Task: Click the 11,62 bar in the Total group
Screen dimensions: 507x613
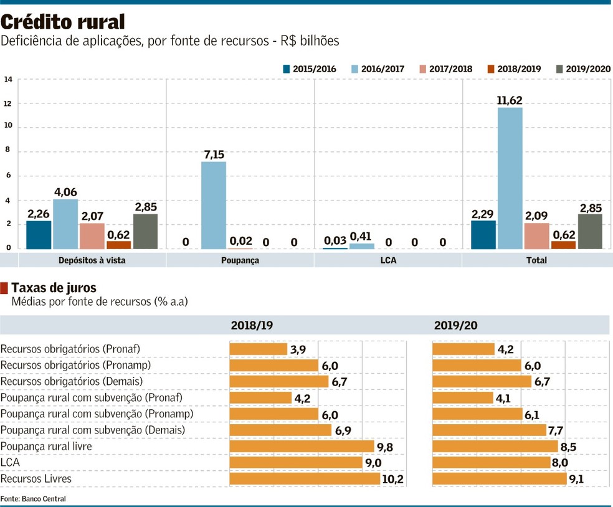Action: pyautogui.click(x=510, y=178)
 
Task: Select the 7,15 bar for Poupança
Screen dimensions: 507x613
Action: pyautogui.click(x=214, y=206)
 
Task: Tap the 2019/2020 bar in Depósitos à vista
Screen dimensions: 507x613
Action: pyautogui.click(x=145, y=232)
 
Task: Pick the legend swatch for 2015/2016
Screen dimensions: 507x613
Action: pyautogui.click(x=287, y=69)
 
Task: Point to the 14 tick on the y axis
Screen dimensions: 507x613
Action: pyautogui.click(x=8, y=80)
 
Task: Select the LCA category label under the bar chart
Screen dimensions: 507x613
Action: pyautogui.click(x=388, y=260)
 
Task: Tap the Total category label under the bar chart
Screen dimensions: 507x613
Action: pyautogui.click(x=536, y=260)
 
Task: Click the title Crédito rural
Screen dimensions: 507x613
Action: pyautogui.click(x=63, y=22)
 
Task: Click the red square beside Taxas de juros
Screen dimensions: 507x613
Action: pyautogui.click(x=4, y=288)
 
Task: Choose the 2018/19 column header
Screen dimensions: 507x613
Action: pyautogui.click(x=252, y=325)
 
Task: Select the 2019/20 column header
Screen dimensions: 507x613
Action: pyautogui.click(x=455, y=325)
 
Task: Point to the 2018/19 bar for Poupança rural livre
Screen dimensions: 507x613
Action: pyautogui.click(x=302, y=447)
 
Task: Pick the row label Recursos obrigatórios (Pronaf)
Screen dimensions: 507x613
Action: pyautogui.click(x=70, y=349)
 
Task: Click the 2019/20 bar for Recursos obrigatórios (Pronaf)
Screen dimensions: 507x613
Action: pyautogui.click(x=463, y=349)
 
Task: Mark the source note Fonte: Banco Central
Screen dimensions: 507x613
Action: pyautogui.click(x=33, y=499)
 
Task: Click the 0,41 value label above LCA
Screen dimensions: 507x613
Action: pyautogui.click(x=361, y=236)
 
